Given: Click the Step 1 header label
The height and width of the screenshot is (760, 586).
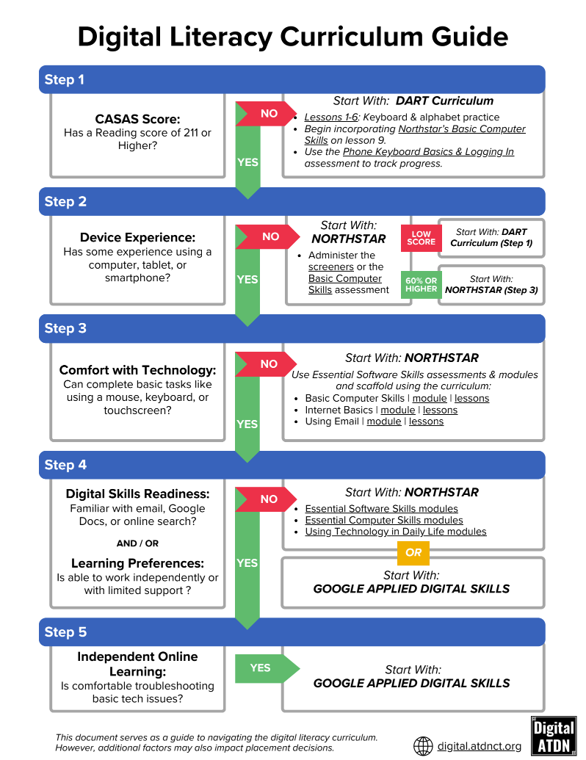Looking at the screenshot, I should pyautogui.click(x=65, y=79).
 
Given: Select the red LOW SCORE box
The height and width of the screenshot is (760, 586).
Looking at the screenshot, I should pyautogui.click(x=421, y=238).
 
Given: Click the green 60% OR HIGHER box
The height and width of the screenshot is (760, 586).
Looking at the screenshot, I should pyautogui.click(x=421, y=284).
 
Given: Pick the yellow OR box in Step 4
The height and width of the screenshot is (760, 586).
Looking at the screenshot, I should pyautogui.click(x=413, y=552).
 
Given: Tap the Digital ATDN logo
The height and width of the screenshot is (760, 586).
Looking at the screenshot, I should pyautogui.click(x=553, y=735).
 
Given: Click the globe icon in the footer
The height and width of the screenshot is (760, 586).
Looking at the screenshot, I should pyautogui.click(x=423, y=746).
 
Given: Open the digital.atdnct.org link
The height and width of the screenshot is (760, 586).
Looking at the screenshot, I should pyautogui.click(x=479, y=746).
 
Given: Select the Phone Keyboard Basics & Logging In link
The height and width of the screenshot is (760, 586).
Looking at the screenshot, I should pyautogui.click(x=428, y=152).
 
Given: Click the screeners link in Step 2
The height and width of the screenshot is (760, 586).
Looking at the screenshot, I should pyautogui.click(x=330, y=267).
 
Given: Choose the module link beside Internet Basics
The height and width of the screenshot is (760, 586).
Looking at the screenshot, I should pyautogui.click(x=398, y=410).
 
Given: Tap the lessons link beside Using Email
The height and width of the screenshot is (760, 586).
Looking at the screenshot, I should pyautogui.click(x=426, y=421).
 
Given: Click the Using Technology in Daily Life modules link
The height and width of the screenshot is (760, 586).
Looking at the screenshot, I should pyautogui.click(x=395, y=532).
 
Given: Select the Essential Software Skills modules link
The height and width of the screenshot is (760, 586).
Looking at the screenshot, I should pyautogui.click(x=381, y=509).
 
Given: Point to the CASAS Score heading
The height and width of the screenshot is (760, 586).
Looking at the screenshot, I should pyautogui.click(x=137, y=119).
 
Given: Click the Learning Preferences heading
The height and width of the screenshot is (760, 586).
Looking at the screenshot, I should pyautogui.click(x=137, y=563).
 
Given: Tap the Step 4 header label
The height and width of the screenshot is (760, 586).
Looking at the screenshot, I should pyautogui.click(x=65, y=465).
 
